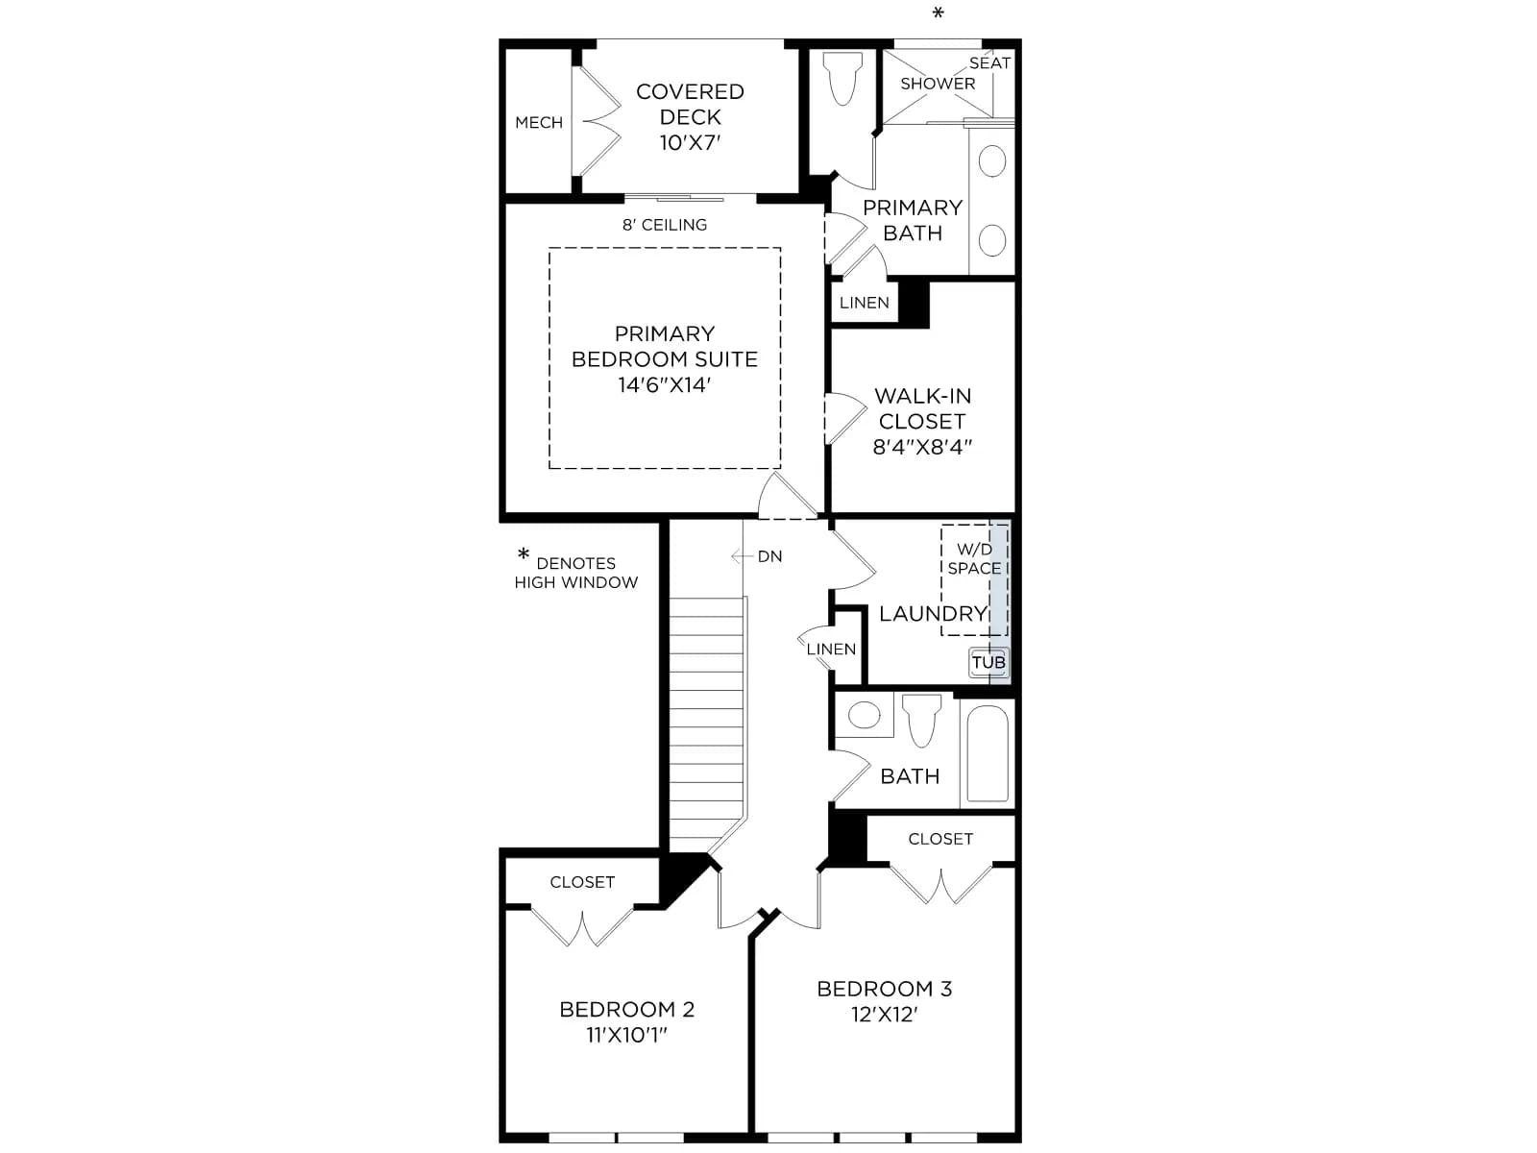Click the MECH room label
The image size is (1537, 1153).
(x=539, y=123)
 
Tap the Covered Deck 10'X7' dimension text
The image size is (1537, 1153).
(x=690, y=143)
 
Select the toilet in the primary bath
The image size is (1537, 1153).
(x=842, y=79)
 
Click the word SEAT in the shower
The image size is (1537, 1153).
(x=989, y=63)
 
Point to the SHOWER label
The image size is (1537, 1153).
(x=938, y=84)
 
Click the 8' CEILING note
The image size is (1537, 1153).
(x=665, y=225)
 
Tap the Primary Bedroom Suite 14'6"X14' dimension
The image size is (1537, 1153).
(x=664, y=385)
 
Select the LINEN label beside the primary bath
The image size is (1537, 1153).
(x=864, y=303)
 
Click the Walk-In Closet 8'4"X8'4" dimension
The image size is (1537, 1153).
(x=922, y=447)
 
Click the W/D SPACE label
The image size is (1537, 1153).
(x=974, y=558)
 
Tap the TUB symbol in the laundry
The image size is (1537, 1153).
(x=988, y=662)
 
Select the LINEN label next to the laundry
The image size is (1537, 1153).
(x=831, y=649)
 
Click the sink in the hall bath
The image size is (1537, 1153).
(x=864, y=716)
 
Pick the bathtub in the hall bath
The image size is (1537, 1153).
(x=988, y=752)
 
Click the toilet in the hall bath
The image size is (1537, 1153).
(x=921, y=721)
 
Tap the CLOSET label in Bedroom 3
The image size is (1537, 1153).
(x=940, y=839)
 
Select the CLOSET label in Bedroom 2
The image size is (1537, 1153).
(x=582, y=882)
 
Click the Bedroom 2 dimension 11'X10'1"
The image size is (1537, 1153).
(x=626, y=1035)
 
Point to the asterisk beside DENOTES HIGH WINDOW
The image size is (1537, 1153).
(x=524, y=553)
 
